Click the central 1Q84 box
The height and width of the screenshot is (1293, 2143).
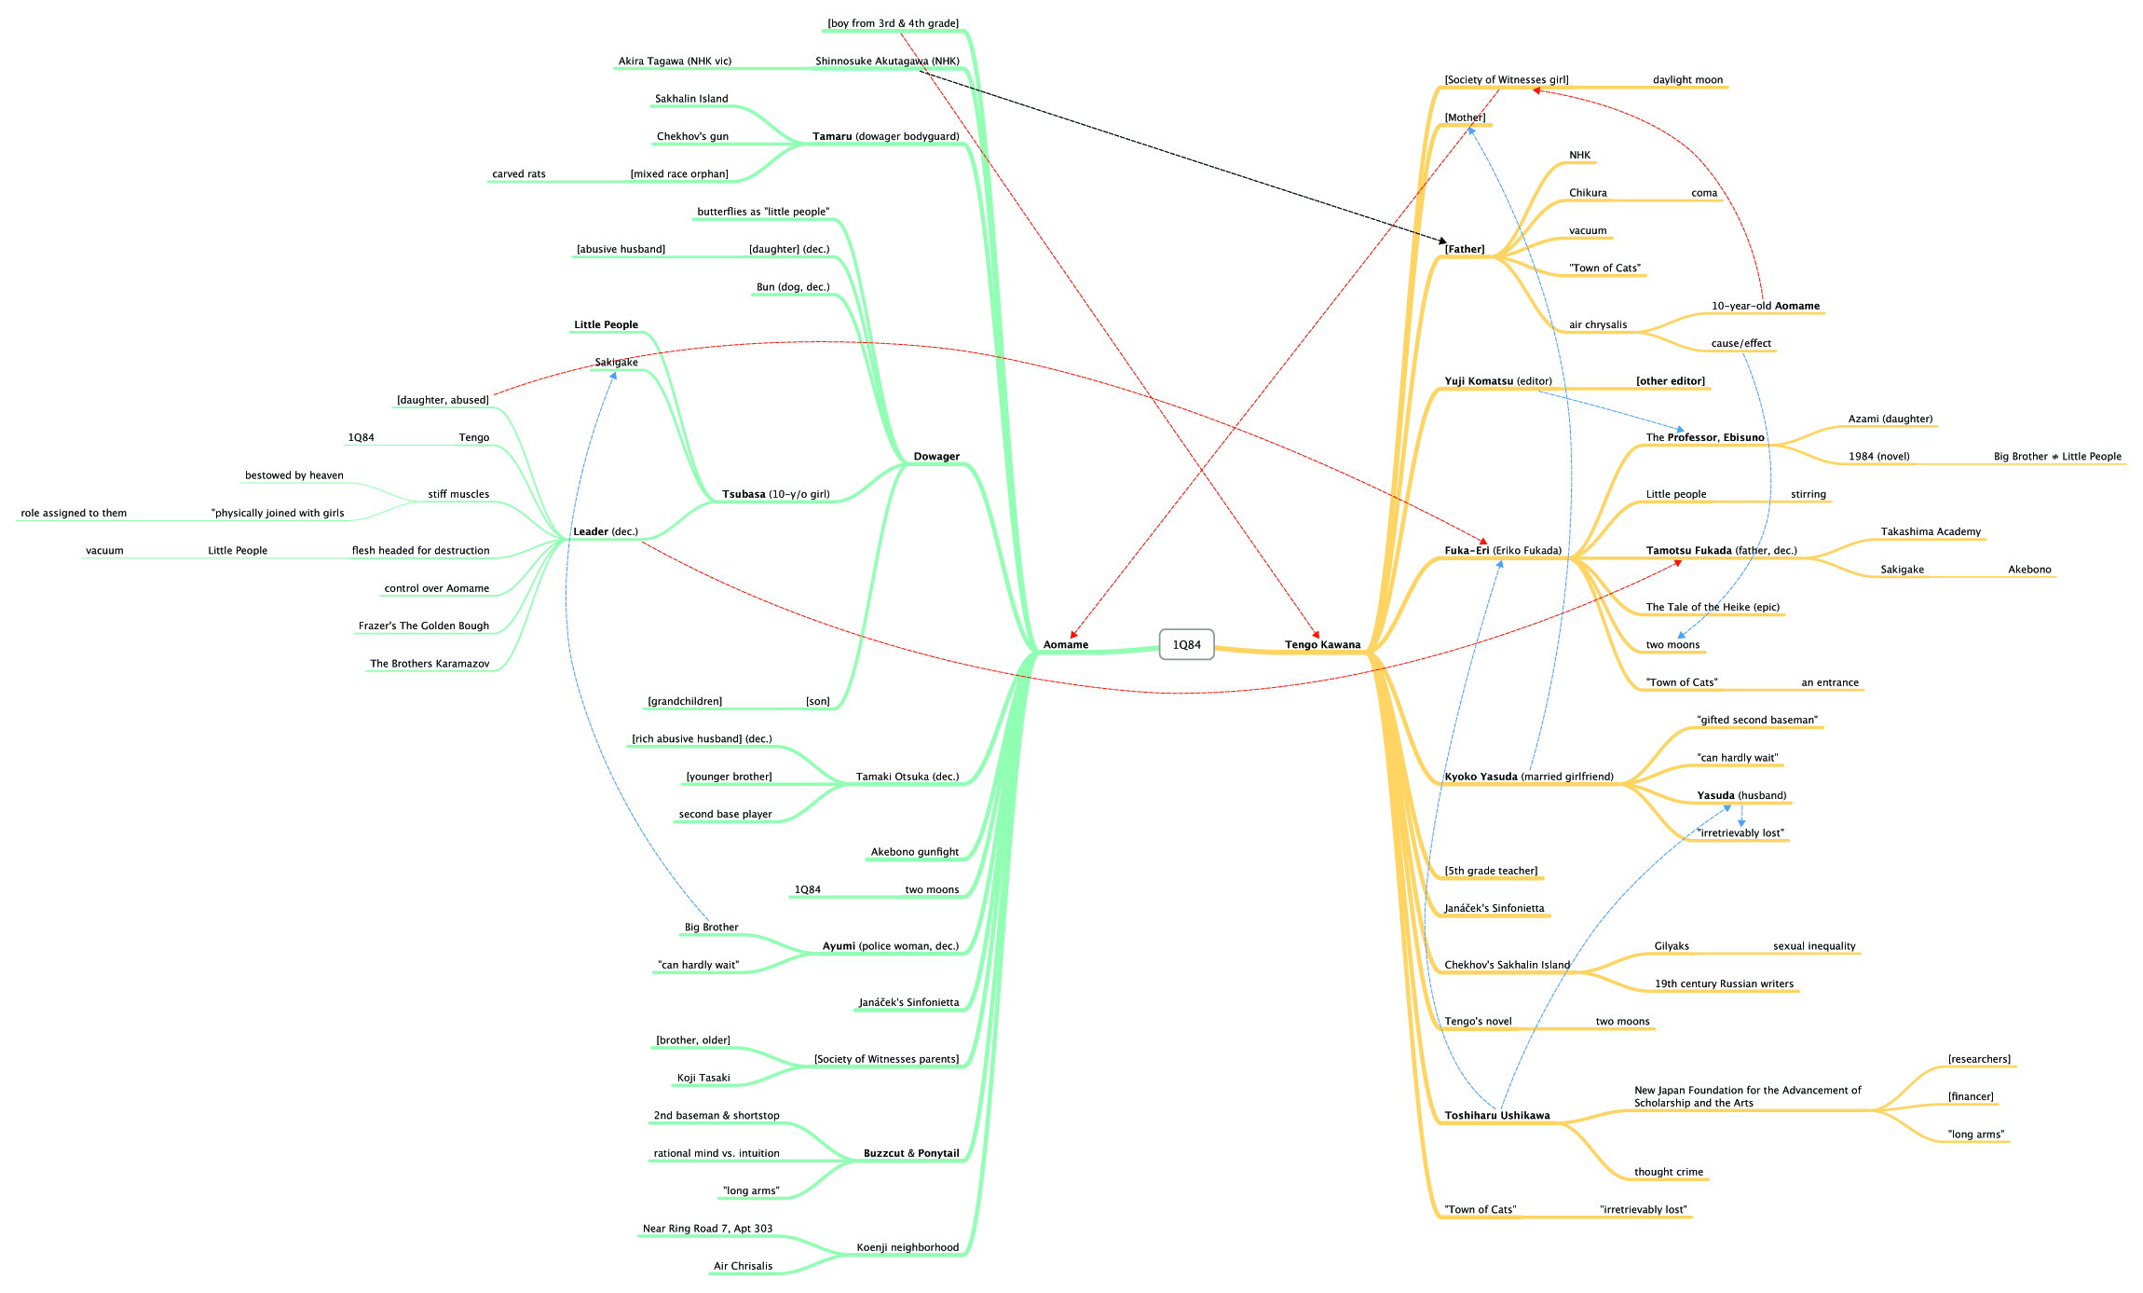pyautogui.click(x=1186, y=644)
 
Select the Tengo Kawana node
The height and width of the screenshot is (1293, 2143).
pyautogui.click(x=1322, y=645)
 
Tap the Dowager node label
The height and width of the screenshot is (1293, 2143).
pyautogui.click(x=935, y=457)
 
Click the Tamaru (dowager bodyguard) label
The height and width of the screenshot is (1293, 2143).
pyautogui.click(x=885, y=137)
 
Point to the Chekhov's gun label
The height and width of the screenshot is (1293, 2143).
pyautogui.click(x=692, y=137)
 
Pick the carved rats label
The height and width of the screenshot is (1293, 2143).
pyautogui.click(x=519, y=174)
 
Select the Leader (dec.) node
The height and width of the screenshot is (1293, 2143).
pyautogui.click(x=606, y=532)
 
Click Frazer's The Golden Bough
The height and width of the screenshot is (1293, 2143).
pyautogui.click(x=423, y=626)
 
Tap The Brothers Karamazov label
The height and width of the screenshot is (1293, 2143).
pyautogui.click(x=430, y=664)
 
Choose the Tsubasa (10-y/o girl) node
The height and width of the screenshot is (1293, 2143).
pyautogui.click(x=775, y=495)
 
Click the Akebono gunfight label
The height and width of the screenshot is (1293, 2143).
pyautogui.click(x=914, y=852)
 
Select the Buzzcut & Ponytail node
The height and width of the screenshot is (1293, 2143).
pyautogui.click(x=910, y=1153)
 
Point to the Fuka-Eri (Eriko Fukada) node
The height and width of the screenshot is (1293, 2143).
pyautogui.click(x=1503, y=551)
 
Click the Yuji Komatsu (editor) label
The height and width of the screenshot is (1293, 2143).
pyautogui.click(x=1498, y=381)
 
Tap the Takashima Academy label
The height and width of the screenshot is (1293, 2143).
pyautogui.click(x=1931, y=532)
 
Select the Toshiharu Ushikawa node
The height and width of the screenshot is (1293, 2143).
pyautogui.click(x=1496, y=1116)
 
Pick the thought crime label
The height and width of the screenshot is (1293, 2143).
pyautogui.click(x=1668, y=1172)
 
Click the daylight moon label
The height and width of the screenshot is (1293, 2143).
pyautogui.click(x=1687, y=80)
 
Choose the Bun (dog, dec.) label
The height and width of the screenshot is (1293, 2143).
pyautogui.click(x=793, y=287)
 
